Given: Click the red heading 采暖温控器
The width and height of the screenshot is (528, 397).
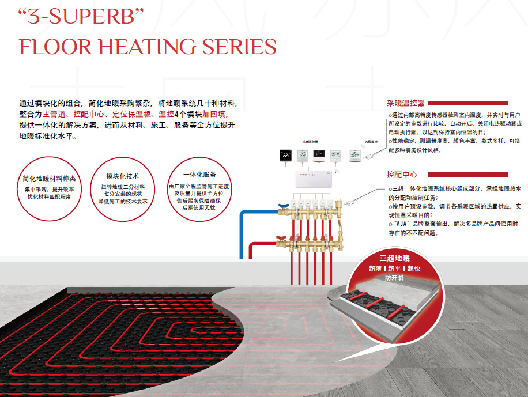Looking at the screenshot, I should click(x=406, y=104).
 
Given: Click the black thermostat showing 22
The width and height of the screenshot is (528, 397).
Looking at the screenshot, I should click(x=285, y=155).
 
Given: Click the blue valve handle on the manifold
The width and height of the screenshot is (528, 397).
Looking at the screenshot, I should click(x=282, y=205).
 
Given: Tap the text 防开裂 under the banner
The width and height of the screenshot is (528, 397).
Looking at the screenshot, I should click(x=394, y=278).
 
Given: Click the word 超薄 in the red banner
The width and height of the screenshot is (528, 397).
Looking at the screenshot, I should click(x=375, y=269).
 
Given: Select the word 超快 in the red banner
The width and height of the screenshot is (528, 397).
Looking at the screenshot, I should click(x=414, y=269).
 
